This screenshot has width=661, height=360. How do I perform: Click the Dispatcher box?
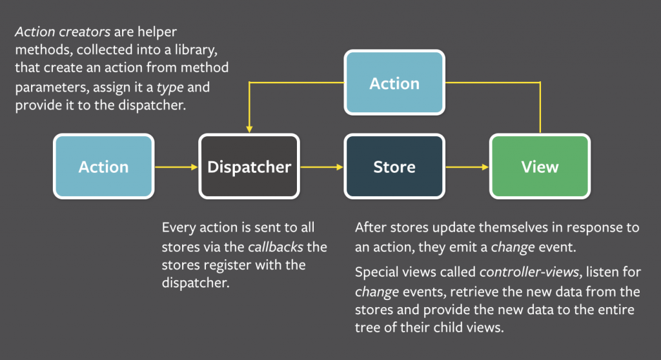click(249, 166)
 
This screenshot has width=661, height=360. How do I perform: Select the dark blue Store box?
click(394, 166)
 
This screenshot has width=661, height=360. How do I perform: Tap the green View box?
click(540, 166)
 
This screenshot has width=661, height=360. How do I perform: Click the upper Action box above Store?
click(394, 83)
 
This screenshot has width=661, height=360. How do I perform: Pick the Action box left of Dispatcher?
click(103, 166)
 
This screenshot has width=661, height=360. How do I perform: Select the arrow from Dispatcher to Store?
click(321, 166)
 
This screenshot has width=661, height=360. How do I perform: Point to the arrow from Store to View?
click(467, 166)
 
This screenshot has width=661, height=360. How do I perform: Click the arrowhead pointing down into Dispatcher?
click(249, 129)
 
